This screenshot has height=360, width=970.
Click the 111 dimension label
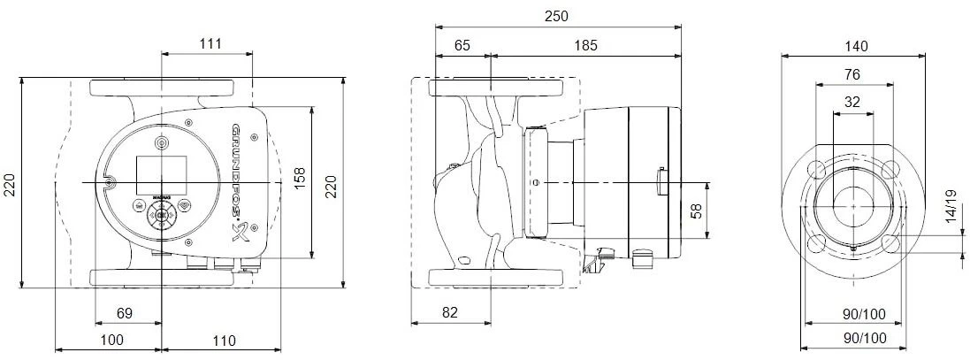tap(210, 43)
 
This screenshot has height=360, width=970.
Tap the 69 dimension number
tap(125, 313)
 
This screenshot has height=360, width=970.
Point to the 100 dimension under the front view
tap(111, 341)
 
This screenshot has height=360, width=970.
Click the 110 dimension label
tap(224, 341)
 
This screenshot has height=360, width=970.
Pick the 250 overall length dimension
tap(556, 16)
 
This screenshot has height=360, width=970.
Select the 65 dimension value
tap(462, 43)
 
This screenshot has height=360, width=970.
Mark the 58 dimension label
tap(695, 211)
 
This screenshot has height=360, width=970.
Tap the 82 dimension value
tap(451, 313)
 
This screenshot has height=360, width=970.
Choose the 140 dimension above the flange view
tap(856, 46)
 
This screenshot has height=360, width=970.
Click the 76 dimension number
tap(852, 74)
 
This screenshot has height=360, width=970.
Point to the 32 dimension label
tap(852, 102)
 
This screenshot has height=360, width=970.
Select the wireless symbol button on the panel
tap(184, 204)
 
